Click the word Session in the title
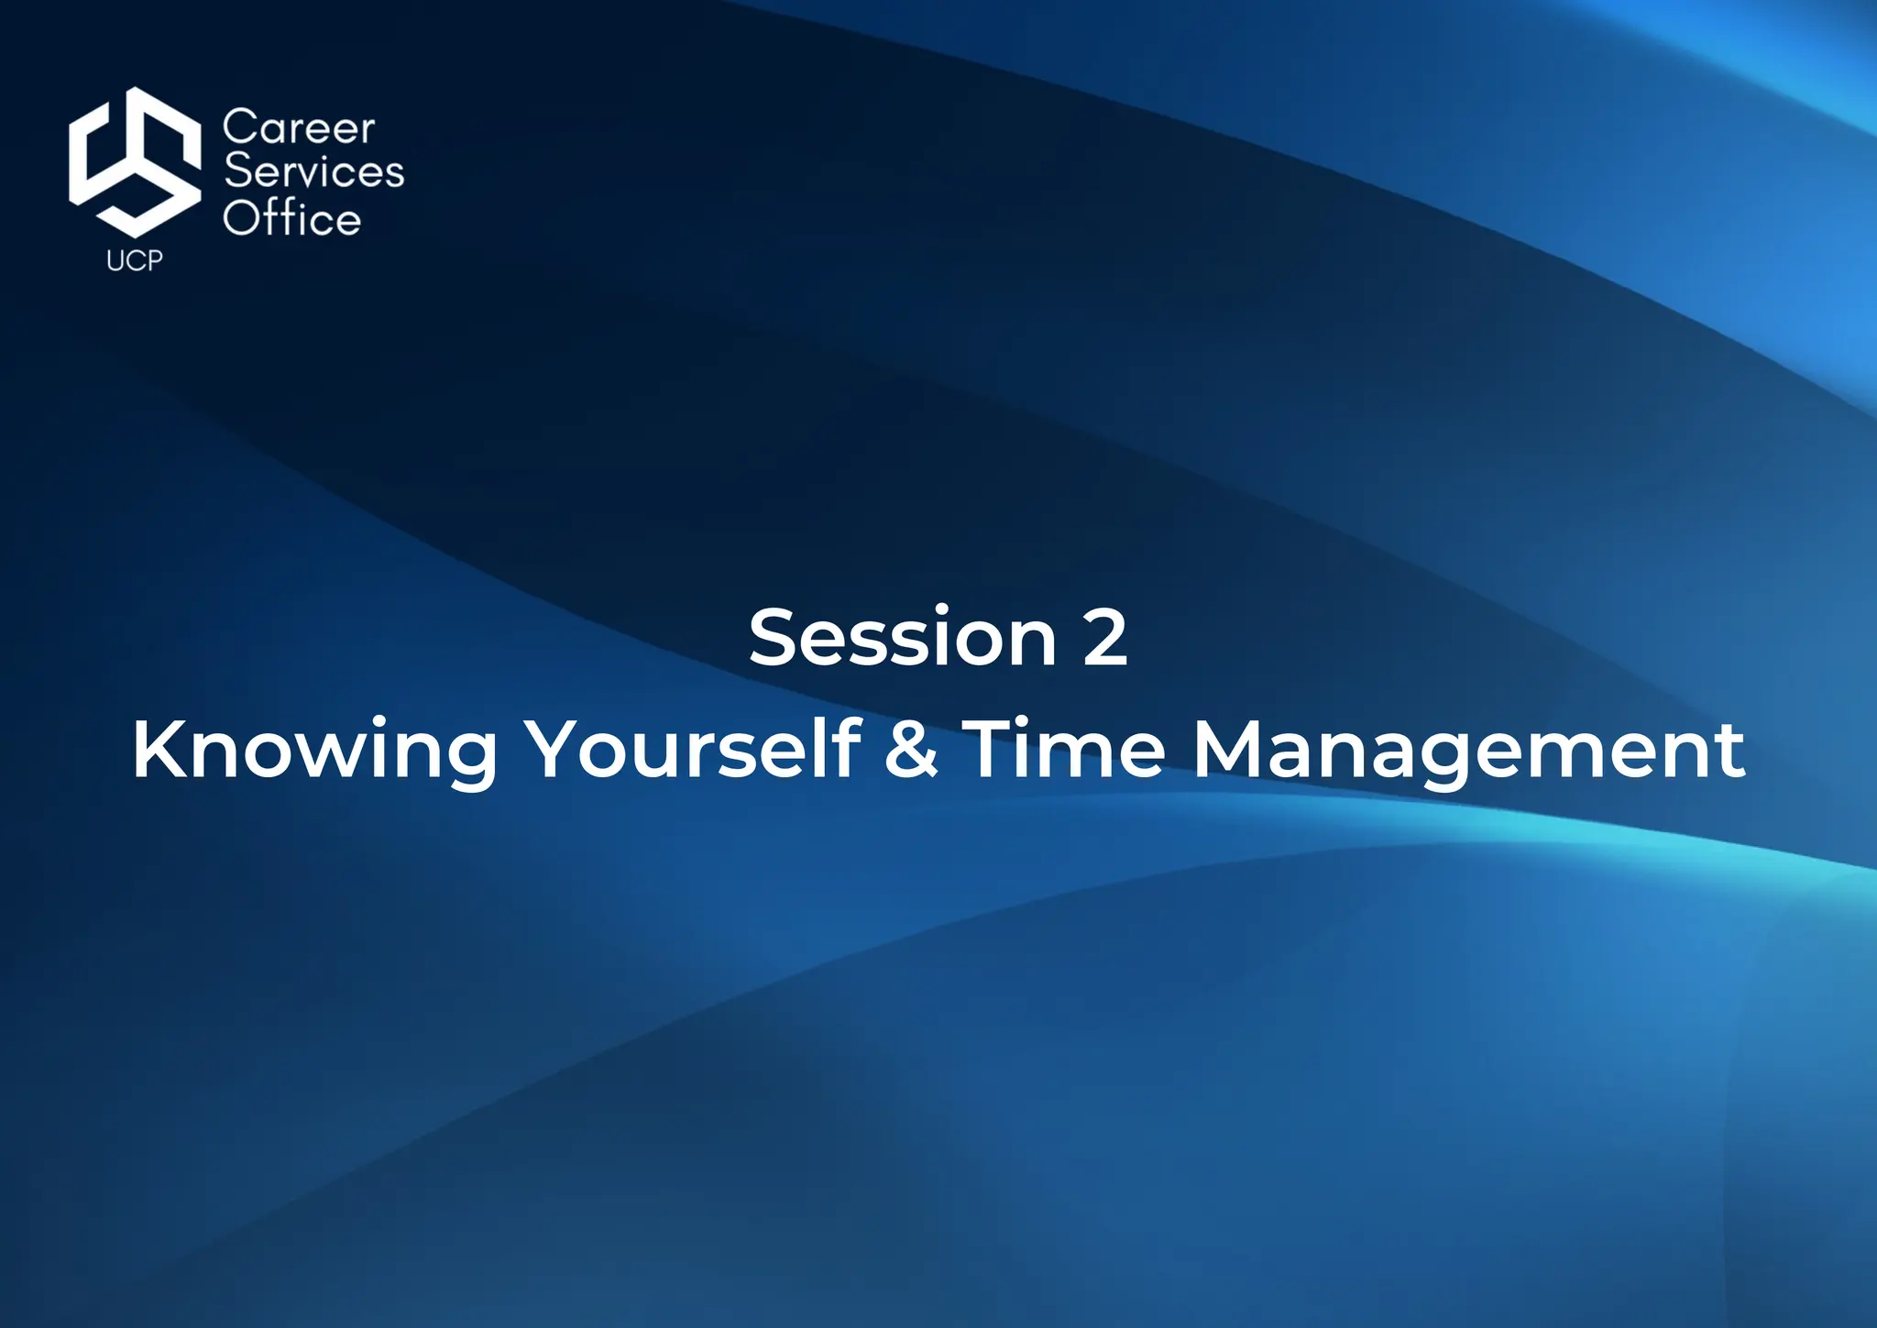click(903, 638)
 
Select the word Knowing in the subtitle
click(314, 751)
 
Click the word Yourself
click(697, 749)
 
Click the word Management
click(1468, 751)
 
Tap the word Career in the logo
click(299, 127)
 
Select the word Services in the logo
click(313, 172)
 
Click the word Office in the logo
click(292, 218)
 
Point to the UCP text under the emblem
click(135, 261)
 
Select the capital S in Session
click(772, 638)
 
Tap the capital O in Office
click(242, 219)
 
